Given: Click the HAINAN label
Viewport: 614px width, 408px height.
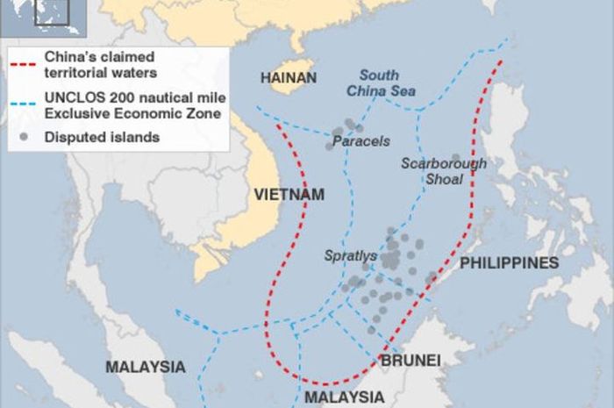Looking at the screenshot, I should coord(288,78).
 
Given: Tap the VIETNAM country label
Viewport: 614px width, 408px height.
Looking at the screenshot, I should coord(289,194).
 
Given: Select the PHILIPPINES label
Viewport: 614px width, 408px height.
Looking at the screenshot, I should coord(510,263).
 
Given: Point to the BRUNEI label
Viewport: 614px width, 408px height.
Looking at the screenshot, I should coord(410,360).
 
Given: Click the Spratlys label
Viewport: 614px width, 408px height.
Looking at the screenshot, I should coord(351,256).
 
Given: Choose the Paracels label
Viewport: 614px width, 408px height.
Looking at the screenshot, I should coord(361,140).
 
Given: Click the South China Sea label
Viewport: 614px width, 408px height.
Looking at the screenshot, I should coord(387,82).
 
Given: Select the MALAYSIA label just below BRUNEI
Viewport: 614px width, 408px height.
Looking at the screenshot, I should coord(344,397).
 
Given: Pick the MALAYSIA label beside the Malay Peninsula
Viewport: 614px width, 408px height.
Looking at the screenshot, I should coord(146,367).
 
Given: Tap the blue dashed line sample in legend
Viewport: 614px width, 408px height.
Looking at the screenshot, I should coord(25,105).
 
